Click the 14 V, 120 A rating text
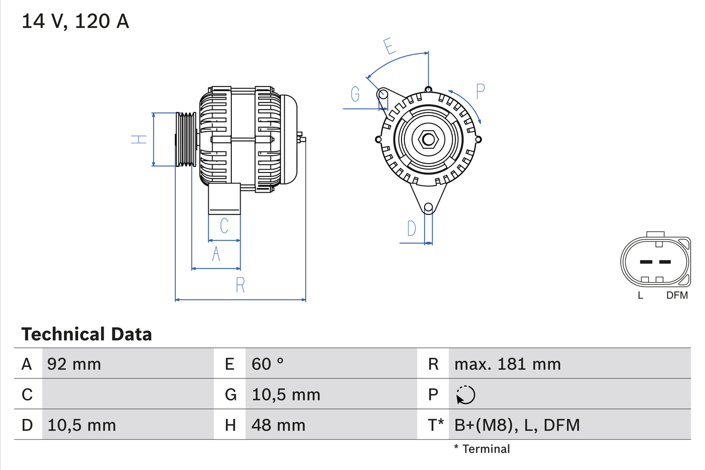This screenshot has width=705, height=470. (75, 21)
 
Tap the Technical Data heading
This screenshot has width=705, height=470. (86, 334)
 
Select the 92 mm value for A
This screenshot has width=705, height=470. (74, 364)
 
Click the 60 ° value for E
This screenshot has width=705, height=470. (268, 364)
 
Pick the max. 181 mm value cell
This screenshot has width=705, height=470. (507, 364)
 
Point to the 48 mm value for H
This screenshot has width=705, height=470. (278, 425)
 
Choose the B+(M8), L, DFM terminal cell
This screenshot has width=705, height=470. (517, 425)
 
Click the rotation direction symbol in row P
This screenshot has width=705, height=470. (465, 395)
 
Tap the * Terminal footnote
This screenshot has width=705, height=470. (482, 449)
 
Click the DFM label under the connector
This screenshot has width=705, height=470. (677, 295)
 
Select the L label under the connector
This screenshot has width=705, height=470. (640, 295)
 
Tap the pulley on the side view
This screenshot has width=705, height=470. (186, 139)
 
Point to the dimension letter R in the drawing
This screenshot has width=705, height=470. (240, 285)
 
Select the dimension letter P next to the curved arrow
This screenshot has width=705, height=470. (480, 91)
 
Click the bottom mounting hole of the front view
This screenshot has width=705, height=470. (428, 208)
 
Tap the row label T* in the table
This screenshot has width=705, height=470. (435, 425)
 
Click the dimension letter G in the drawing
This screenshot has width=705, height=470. (355, 95)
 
